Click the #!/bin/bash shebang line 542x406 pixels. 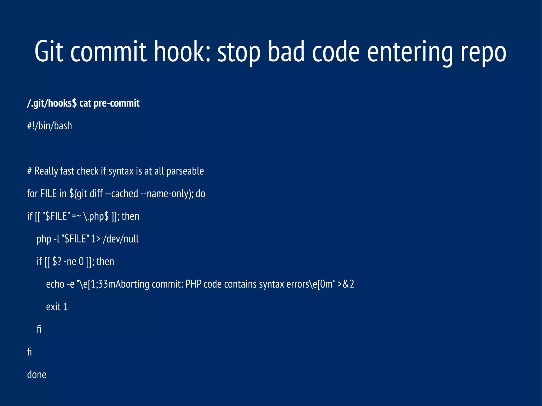[x=49, y=126]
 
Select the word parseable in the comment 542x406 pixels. [x=185, y=171]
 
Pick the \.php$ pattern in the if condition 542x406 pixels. [x=96, y=216]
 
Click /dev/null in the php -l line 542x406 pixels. [x=121, y=239]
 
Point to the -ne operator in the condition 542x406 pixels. [x=70, y=262]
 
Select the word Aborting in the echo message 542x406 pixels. [x=132, y=284]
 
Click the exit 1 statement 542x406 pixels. [x=57, y=307]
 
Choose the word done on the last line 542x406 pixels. [x=37, y=375]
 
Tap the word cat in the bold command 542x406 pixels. [x=85, y=103]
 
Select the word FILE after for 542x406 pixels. [x=48, y=194]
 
